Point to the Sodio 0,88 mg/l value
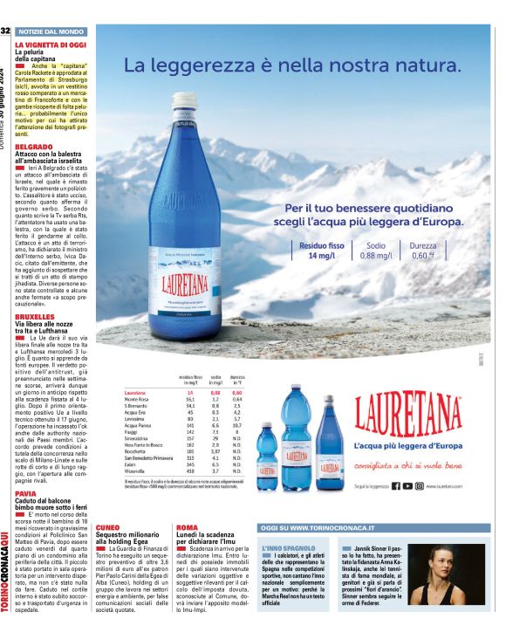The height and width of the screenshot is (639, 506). click(x=375, y=251)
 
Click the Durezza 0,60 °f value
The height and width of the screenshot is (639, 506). click(x=423, y=251)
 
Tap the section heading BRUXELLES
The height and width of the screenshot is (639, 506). click(x=36, y=317)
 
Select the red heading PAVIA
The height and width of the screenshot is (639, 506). click(x=26, y=493)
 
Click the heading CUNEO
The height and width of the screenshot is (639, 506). click(x=108, y=528)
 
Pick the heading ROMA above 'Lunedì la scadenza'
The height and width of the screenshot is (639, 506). click(x=187, y=528)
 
